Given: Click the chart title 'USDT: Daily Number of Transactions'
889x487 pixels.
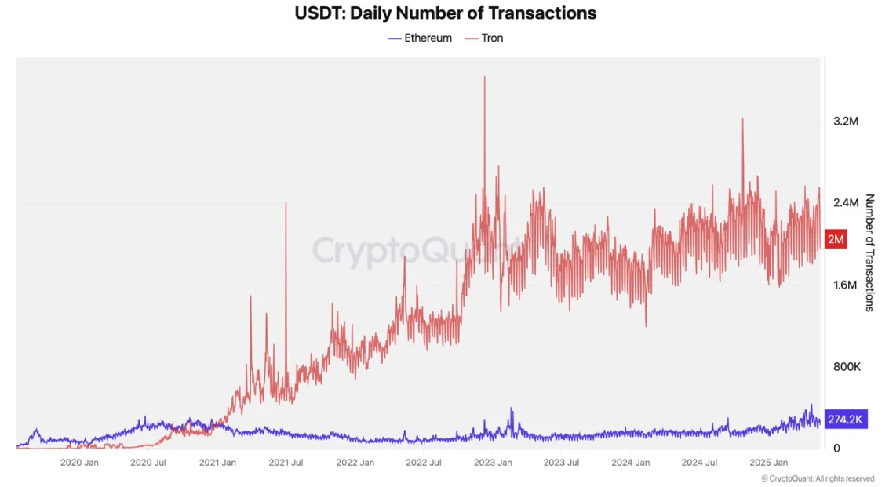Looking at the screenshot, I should (445, 13).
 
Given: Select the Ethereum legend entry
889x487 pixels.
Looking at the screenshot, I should (420, 38).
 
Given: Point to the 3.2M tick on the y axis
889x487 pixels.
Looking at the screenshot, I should (846, 122).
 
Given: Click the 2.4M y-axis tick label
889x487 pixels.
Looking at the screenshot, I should (846, 203).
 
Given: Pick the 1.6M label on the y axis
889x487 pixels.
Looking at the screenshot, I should (846, 285).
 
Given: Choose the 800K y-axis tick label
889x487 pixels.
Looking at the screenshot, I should (846, 367).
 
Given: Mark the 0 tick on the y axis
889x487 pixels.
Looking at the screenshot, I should (836, 449).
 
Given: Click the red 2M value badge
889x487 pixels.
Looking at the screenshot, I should (836, 239).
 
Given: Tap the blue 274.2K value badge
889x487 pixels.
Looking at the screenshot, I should (844, 420).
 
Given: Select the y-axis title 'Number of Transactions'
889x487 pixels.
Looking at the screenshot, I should (869, 253).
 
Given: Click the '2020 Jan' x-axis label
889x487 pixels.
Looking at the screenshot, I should (79, 463).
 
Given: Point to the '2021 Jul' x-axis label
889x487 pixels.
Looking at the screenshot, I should (286, 463).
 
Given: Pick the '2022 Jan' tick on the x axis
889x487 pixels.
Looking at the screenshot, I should (355, 463).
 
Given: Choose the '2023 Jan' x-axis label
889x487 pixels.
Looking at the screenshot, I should (493, 463).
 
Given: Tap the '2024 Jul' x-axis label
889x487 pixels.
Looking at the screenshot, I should (700, 463).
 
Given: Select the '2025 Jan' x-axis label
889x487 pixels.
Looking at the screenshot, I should (769, 463).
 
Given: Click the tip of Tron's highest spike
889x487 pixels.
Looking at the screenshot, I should (484, 77).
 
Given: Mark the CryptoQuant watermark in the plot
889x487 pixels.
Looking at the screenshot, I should (416, 251).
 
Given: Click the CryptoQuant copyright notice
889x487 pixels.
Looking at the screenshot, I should (817, 478).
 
